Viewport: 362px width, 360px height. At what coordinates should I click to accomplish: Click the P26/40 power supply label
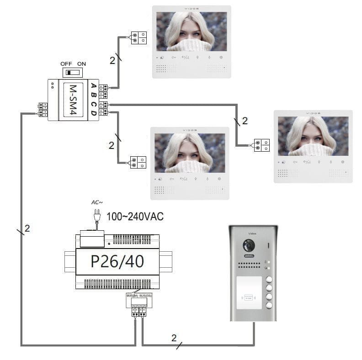(x=117, y=261)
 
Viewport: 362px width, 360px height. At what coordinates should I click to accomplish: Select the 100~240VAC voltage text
(x=135, y=217)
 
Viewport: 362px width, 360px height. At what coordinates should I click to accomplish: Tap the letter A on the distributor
(x=93, y=86)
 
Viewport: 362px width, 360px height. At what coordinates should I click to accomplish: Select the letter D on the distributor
(x=93, y=112)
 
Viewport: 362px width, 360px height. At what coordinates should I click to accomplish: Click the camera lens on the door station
(x=249, y=246)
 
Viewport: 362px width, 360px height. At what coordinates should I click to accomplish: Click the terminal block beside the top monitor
(x=139, y=37)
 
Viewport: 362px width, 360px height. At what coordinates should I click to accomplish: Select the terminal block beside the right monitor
(x=262, y=145)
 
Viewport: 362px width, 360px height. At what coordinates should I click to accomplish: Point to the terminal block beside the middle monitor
(x=139, y=163)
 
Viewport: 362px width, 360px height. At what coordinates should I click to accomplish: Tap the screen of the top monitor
(x=192, y=32)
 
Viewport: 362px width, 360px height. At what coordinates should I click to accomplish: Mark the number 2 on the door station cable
(x=174, y=338)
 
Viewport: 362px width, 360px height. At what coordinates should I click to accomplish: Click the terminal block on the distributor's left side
(x=43, y=110)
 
